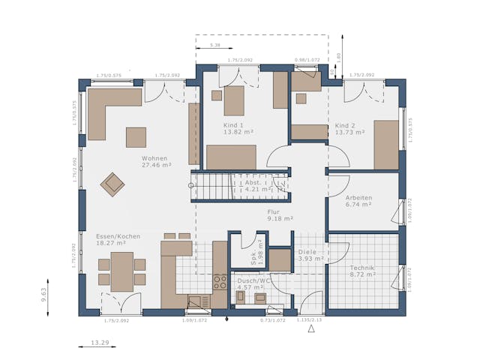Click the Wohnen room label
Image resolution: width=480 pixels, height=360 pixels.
click(154, 158)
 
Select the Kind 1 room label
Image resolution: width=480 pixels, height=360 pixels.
click(234, 124)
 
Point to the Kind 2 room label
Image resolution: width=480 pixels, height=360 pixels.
click(345, 124)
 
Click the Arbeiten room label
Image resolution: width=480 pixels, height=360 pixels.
click(358, 198)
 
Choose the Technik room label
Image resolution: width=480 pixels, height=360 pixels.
click(361, 268)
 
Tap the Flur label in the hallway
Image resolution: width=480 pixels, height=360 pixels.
click(274, 212)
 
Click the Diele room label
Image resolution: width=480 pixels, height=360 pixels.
click(307, 252)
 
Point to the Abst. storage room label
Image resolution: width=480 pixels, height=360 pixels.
click(253, 182)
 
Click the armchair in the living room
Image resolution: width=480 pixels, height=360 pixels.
click(113, 183)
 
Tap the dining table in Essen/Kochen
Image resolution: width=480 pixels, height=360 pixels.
click(121, 271)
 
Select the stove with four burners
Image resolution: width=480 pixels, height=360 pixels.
click(220, 282)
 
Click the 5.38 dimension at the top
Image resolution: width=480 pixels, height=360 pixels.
click(215, 46)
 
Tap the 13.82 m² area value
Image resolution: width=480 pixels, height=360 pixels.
click(238, 132)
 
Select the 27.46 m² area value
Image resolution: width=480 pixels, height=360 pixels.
click(157, 165)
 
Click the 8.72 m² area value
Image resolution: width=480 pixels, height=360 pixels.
click(361, 275)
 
